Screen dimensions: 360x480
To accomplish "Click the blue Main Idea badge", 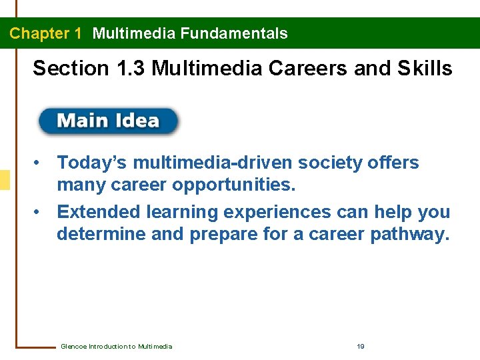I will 108,121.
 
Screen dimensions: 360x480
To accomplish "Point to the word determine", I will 101,235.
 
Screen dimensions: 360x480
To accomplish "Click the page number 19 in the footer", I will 361,346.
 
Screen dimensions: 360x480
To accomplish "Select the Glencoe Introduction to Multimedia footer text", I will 116,346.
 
